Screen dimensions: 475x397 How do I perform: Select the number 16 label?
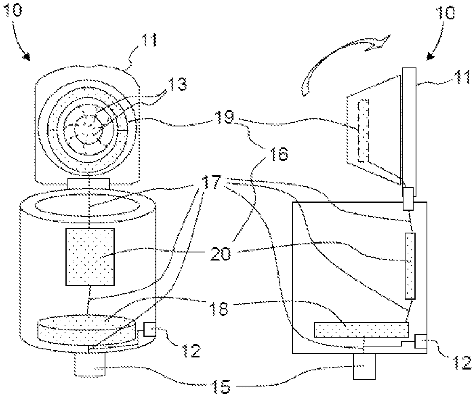pos(277,154)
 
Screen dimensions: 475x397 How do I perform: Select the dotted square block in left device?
pos(90,257)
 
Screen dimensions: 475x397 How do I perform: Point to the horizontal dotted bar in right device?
pos(362,330)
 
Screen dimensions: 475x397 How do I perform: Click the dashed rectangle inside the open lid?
pos(364,131)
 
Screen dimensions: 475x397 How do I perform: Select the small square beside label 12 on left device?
pos(149,329)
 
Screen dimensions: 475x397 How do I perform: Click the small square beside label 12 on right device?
pos(420,341)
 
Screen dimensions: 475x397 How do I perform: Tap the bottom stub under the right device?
pos(364,366)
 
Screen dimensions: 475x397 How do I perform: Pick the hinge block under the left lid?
pos(88,184)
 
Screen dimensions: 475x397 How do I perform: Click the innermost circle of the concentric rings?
pos(88,130)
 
